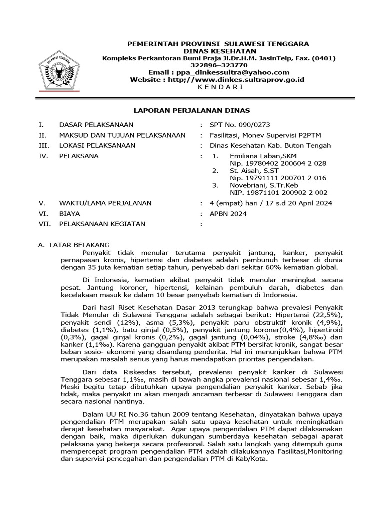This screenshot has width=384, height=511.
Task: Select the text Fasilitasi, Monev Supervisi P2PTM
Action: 270,135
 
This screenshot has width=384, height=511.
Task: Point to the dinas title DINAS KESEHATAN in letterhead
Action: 219,51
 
